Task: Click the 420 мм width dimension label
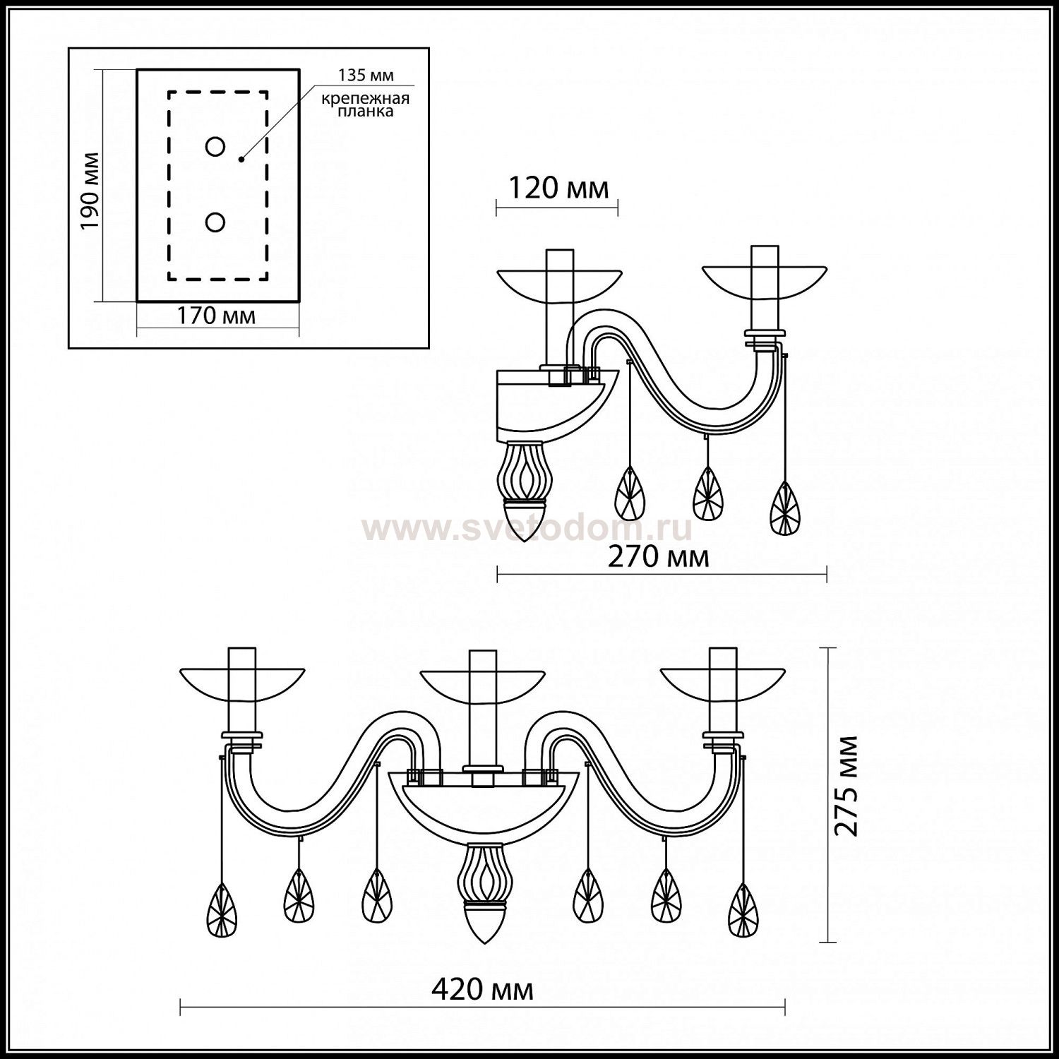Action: click(x=482, y=990)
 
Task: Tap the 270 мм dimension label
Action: click(x=658, y=557)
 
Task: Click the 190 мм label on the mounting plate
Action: click(x=90, y=191)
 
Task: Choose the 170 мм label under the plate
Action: click(x=215, y=316)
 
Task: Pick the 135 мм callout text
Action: click(x=366, y=75)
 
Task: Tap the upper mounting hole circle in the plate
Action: click(x=215, y=147)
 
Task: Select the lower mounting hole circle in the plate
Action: click(x=215, y=222)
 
